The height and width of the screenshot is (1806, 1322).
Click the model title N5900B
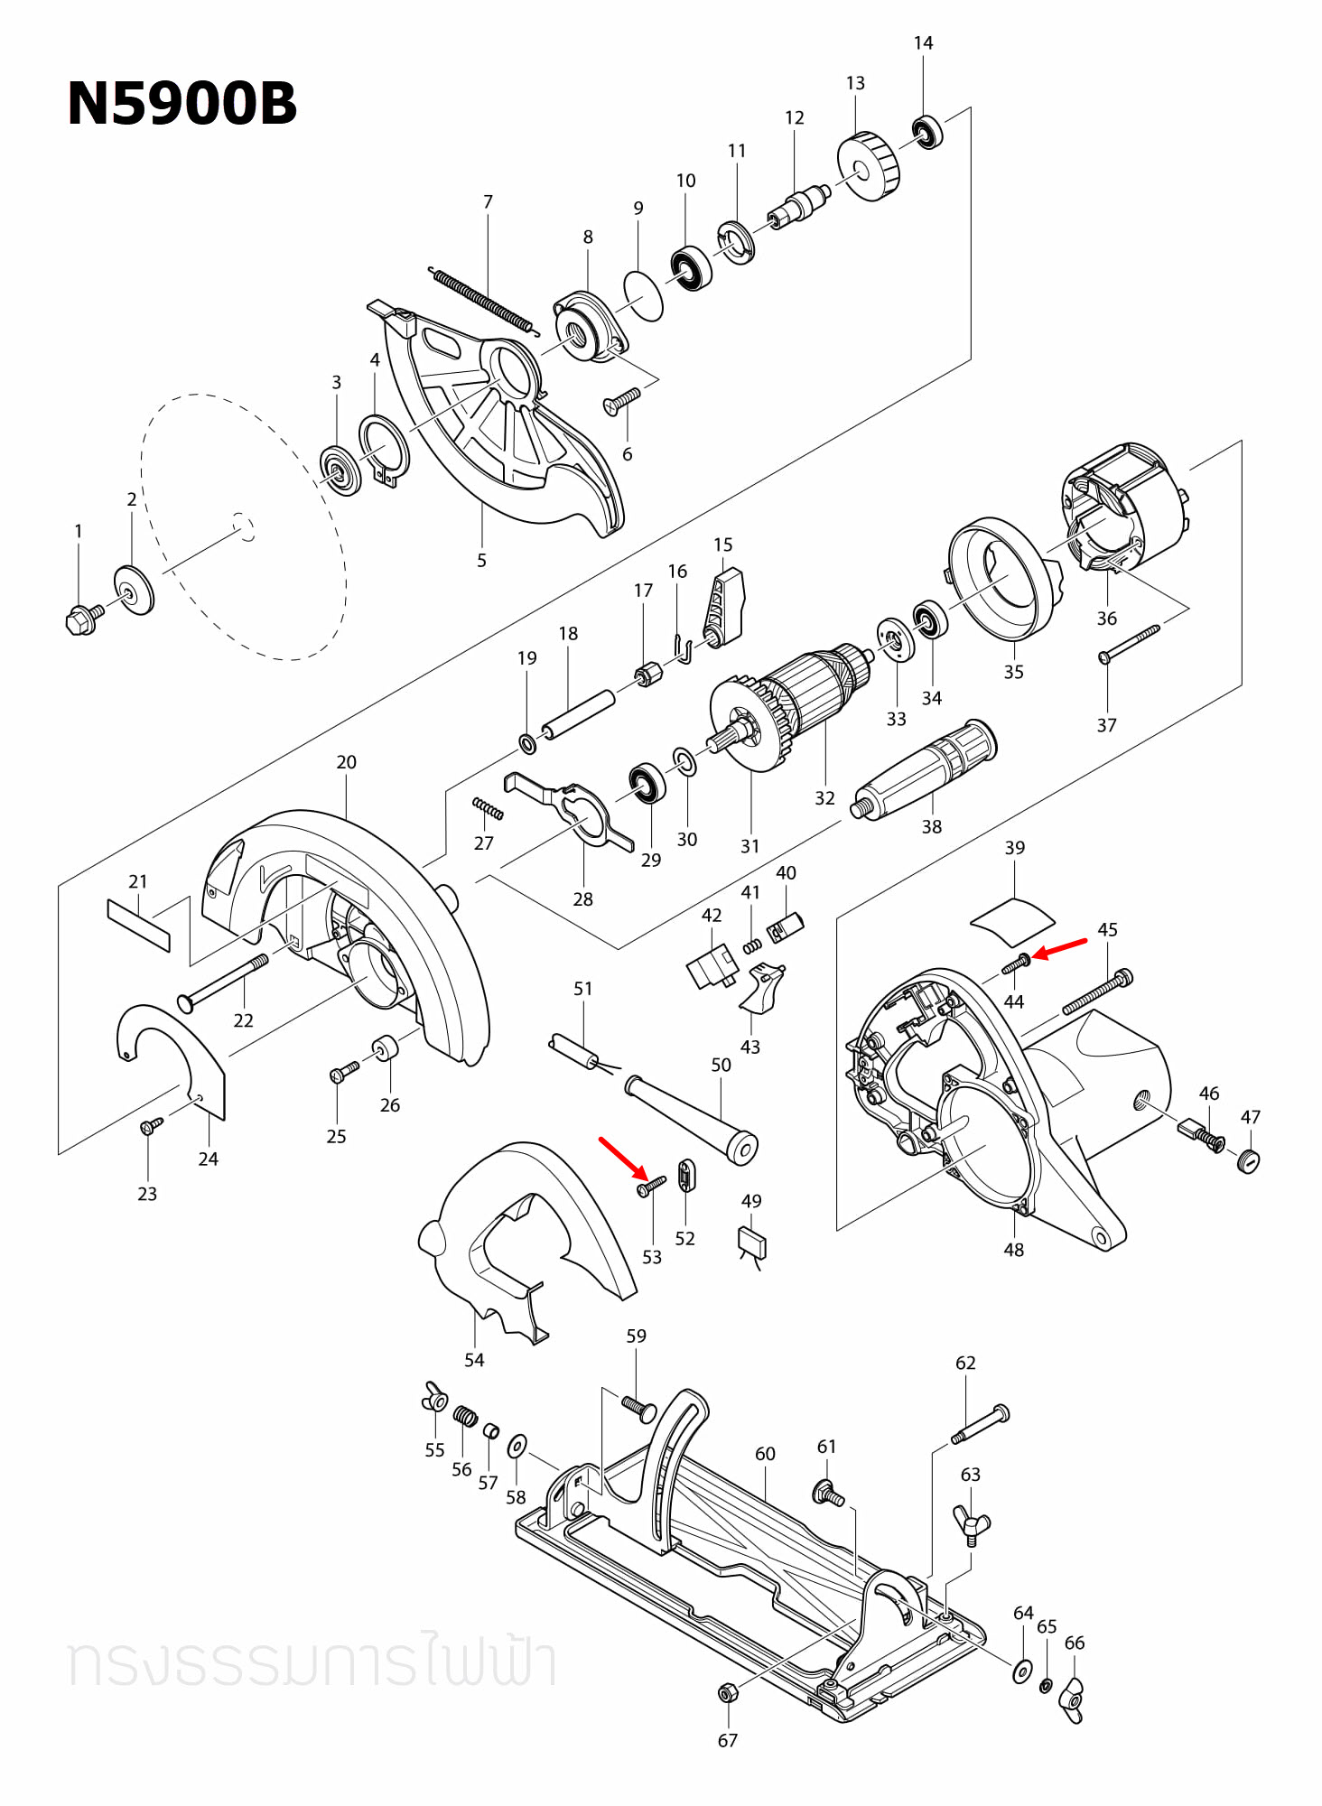[x=182, y=103]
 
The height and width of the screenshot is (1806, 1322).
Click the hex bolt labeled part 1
[x=83, y=619]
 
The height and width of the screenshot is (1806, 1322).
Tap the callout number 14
[x=923, y=42]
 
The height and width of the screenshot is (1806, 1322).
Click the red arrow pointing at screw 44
[x=1060, y=948]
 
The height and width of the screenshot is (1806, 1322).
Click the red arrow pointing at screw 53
[x=622, y=1159]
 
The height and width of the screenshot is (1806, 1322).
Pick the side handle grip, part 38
[x=926, y=768]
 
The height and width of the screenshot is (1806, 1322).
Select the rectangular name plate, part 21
[x=138, y=924]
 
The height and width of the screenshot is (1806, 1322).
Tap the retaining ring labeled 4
[x=383, y=448]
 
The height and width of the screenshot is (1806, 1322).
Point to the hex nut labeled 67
[x=727, y=1692]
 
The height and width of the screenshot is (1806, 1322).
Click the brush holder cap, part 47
[x=1248, y=1160]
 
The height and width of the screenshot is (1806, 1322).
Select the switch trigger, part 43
[x=761, y=988]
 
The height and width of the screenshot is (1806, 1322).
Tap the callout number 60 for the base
[x=765, y=1453]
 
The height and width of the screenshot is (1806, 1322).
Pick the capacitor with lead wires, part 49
[x=752, y=1243]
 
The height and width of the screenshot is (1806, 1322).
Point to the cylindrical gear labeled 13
[x=869, y=167]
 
